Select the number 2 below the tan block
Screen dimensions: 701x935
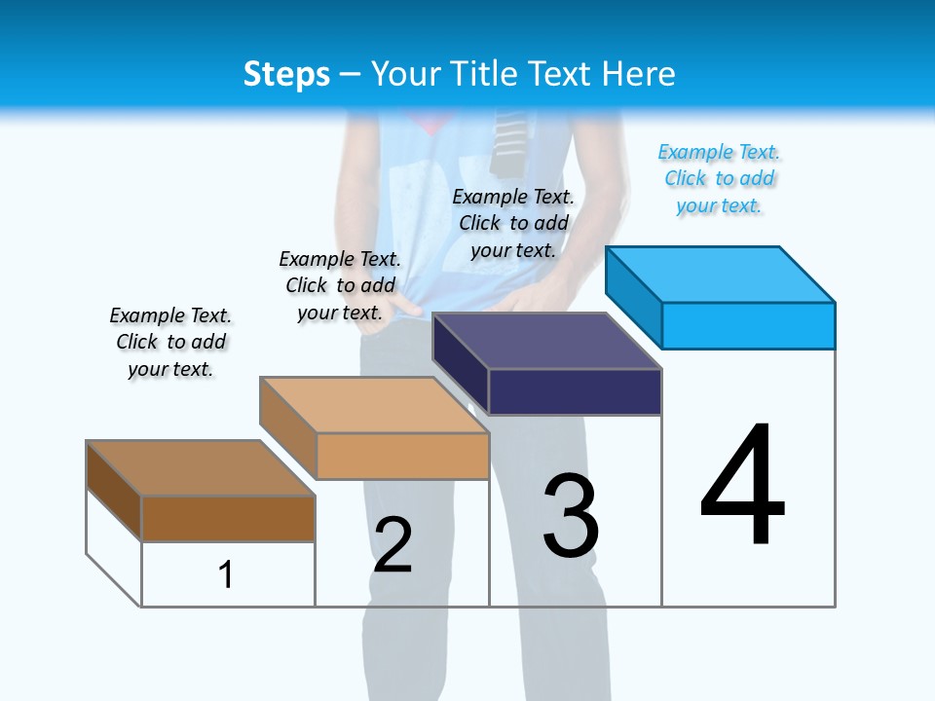(393, 545)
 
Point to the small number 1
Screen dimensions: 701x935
(226, 574)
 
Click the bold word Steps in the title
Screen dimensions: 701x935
(286, 74)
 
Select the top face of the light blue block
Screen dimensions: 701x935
(721, 274)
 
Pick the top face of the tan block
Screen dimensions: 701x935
(374, 405)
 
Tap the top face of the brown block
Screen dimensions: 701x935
(201, 468)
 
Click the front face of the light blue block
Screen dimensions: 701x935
(748, 325)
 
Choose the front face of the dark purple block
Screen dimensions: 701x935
(575, 391)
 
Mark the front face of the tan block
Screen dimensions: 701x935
(402, 456)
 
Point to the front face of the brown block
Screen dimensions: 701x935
(228, 519)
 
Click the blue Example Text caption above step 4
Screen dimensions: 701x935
(719, 178)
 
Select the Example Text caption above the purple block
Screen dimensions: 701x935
(513, 223)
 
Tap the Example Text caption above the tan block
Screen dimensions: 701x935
(340, 285)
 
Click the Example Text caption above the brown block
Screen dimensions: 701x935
(170, 342)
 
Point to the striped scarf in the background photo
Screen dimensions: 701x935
(509, 141)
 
